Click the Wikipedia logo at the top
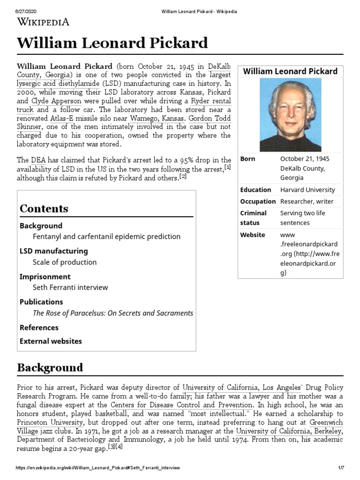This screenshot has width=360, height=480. click(43, 21)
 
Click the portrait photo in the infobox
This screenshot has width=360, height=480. click(290, 115)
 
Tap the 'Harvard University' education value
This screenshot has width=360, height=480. click(307, 190)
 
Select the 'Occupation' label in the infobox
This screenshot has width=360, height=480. click(258, 202)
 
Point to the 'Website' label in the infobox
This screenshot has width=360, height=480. click(253, 235)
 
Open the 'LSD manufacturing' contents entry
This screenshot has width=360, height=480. click(53, 251)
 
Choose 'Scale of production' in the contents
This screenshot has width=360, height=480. click(65, 262)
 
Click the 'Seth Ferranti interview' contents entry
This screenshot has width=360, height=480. click(70, 288)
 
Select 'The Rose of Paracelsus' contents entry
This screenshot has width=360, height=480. click(112, 313)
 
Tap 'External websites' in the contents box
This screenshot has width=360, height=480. click(51, 341)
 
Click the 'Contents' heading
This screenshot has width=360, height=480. click(44, 209)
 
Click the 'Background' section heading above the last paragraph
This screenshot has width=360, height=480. click(50, 367)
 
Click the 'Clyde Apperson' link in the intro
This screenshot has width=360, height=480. click(56, 101)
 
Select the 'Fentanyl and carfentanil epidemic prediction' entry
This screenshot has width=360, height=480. click(106, 237)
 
